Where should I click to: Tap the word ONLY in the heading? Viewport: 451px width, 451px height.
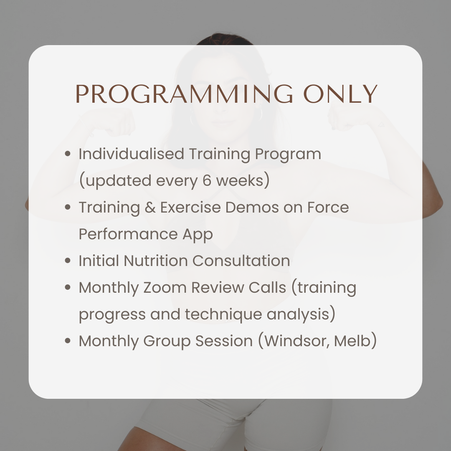[340, 94]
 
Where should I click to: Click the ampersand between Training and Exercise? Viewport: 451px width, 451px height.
[150, 208]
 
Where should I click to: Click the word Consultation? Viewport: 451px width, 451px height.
[241, 261]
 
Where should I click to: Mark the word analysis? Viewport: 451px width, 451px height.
[301, 315]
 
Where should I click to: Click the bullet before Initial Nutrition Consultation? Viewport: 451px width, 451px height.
[68, 261]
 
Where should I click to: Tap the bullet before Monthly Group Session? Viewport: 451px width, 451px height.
[68, 342]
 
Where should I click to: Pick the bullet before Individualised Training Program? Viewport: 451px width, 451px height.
[68, 155]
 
